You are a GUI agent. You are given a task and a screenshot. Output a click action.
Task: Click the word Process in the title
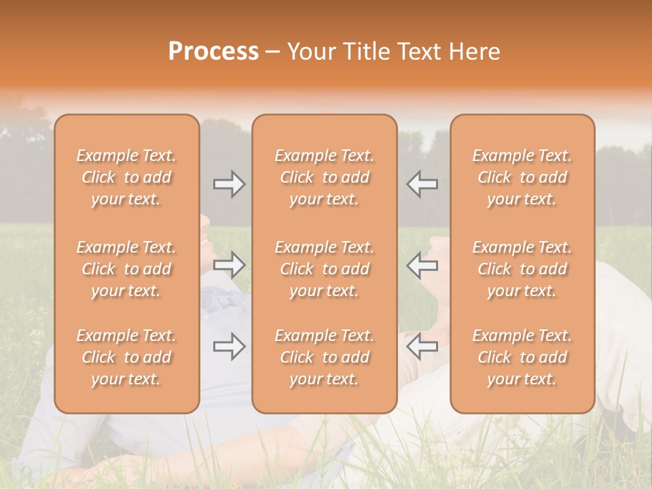point(213,52)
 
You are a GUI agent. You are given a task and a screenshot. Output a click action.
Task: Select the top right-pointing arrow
point(230,184)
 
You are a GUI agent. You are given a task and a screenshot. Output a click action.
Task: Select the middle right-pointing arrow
point(230,266)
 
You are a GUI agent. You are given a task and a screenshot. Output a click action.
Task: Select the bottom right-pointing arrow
point(230,347)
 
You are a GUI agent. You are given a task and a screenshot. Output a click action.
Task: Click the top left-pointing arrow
point(422,184)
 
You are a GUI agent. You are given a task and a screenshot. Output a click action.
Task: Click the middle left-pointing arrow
point(422,266)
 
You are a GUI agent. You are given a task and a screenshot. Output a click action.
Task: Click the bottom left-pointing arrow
point(422,347)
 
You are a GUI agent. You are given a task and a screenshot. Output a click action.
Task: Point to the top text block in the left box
point(126,177)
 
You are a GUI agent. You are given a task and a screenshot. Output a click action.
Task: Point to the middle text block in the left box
point(126,269)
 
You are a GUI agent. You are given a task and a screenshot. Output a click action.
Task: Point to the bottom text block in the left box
point(126,357)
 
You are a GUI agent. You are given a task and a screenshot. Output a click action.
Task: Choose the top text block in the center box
point(325,177)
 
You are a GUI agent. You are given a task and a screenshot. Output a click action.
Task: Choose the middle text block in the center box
point(325,269)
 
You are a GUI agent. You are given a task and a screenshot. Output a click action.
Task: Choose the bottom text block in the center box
point(325,357)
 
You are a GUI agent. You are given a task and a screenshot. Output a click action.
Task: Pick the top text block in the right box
point(522,177)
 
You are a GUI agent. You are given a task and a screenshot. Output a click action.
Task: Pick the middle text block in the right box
point(522,269)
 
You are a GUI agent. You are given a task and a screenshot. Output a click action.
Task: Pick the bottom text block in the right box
point(522,357)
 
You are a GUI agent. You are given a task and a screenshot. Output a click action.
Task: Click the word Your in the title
point(313,52)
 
